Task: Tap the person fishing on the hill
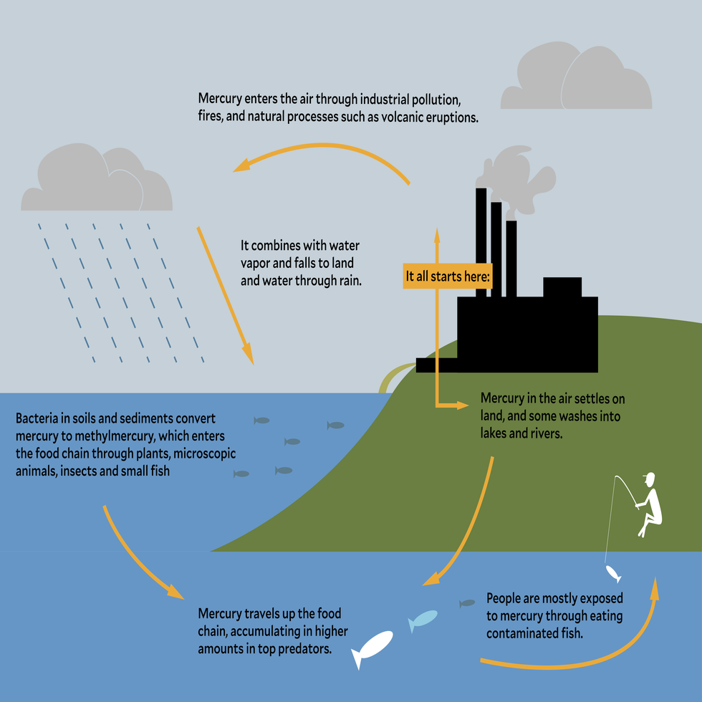(x=650, y=505)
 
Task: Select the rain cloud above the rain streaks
(x=97, y=182)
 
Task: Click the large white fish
(x=372, y=648)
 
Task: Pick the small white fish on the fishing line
(x=612, y=572)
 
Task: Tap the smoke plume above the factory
(x=519, y=179)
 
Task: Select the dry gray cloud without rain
(x=576, y=80)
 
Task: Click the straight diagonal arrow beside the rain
(x=224, y=294)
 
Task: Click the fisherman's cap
(x=649, y=477)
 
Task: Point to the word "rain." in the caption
(x=347, y=281)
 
